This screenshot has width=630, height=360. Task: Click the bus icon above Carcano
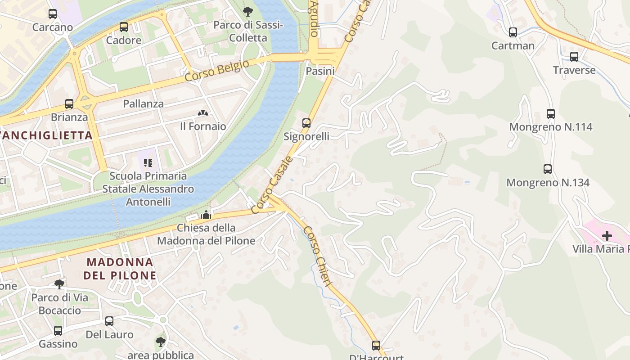coord(53,14)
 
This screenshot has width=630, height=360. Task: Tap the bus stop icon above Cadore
coord(124,27)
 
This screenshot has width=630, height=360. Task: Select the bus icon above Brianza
coord(69,104)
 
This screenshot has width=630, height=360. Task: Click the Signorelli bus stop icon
coord(306,123)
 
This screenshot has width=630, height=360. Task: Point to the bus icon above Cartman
coord(513,32)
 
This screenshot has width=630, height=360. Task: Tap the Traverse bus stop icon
coord(574,57)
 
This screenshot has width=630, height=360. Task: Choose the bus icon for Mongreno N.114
coord(551,114)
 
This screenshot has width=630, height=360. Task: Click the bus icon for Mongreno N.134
coord(548,169)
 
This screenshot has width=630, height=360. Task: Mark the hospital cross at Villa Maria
coord(607,235)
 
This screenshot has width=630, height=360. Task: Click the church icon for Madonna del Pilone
coord(206,215)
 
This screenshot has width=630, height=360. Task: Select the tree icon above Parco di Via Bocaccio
coord(59,284)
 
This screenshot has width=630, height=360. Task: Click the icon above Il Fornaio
coord(203,113)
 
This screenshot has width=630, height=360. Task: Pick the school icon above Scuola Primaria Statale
coord(148,162)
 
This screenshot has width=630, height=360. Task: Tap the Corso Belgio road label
coord(217,71)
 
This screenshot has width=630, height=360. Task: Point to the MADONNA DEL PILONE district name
coord(120,269)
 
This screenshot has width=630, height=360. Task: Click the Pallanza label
coord(144,103)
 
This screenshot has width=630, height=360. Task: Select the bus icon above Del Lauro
coord(109,321)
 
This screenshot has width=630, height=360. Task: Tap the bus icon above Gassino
coord(58,331)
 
